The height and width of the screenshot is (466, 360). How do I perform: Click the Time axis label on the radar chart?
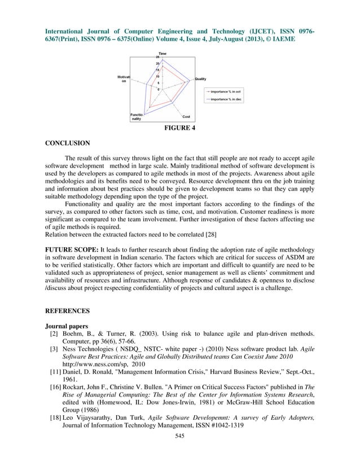coord(162,53)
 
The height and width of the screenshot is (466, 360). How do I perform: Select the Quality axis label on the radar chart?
coord(200,78)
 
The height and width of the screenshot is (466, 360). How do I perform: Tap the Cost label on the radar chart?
coord(186,117)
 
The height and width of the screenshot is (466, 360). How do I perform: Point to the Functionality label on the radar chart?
coord(137,117)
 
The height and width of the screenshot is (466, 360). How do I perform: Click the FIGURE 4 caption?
coord(180,129)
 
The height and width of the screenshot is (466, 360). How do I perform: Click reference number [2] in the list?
coord(55,334)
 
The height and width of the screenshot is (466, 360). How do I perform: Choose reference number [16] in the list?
coord(55,389)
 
